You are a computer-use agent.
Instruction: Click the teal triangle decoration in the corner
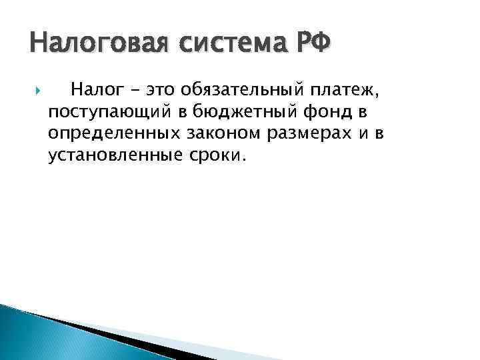pyautogui.click(x=40, y=340)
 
